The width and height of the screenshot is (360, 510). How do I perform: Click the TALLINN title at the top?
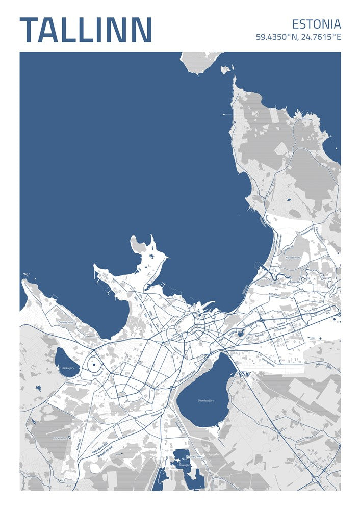point(86,30)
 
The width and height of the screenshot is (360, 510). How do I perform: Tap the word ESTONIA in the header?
point(316,24)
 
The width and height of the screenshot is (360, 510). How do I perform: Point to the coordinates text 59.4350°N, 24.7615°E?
point(298,37)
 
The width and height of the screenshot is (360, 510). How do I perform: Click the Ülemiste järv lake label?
point(205,401)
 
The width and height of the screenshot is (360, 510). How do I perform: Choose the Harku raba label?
point(60,438)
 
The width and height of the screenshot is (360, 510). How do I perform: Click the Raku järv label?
point(184,465)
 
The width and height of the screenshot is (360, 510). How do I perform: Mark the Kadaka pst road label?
point(79,445)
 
